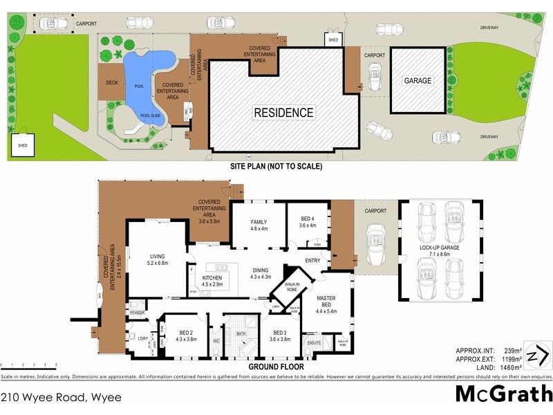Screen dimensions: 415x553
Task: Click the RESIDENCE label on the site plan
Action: (283, 112)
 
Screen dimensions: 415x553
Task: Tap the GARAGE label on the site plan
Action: (418, 81)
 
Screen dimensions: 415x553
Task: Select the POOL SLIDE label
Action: (150, 116)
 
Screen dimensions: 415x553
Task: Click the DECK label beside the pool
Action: (112, 83)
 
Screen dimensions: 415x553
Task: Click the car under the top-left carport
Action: (53, 24)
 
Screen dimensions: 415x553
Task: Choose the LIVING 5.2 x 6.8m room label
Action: (158, 259)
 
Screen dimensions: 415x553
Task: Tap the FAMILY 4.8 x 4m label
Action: (259, 226)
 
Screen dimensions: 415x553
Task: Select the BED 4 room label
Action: (307, 221)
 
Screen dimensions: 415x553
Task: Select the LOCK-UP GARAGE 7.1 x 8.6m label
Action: (439, 251)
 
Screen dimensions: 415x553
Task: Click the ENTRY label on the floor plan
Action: (312, 261)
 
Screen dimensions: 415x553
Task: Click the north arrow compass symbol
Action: (537, 356)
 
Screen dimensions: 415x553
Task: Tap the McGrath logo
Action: (503, 394)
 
